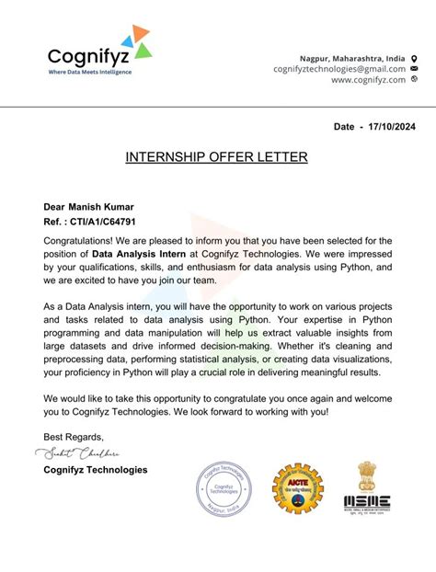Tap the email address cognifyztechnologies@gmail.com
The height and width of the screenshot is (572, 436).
pyautogui.click(x=338, y=69)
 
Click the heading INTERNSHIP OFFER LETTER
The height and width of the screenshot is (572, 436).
pyautogui.click(x=216, y=158)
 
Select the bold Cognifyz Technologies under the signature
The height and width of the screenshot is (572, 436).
pyautogui.click(x=95, y=470)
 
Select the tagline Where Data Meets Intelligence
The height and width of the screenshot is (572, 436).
pyautogui.click(x=89, y=72)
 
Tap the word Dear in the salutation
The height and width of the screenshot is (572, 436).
pyautogui.click(x=56, y=207)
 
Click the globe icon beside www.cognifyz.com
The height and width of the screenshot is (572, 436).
pyautogui.click(x=414, y=80)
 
